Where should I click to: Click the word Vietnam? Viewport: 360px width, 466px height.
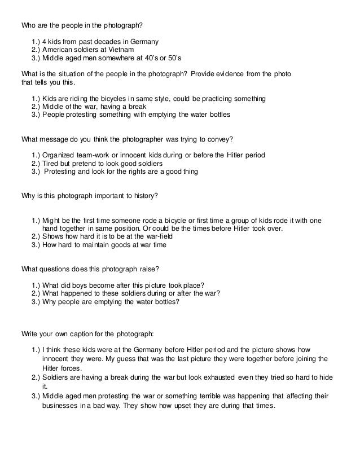(121, 50)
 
